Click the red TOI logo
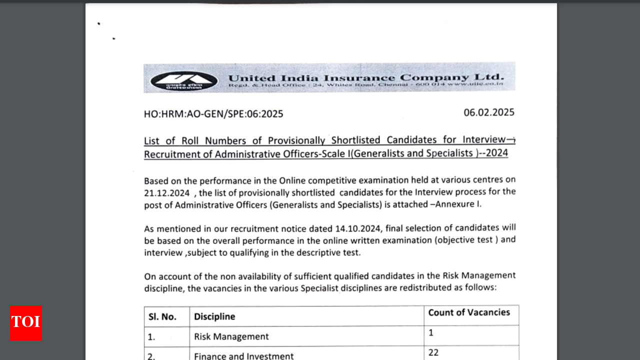point(25,323)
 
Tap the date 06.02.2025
point(488,112)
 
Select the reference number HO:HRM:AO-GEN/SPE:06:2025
point(213,114)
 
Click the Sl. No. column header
point(162,316)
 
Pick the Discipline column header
point(214,316)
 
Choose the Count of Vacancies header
point(469,312)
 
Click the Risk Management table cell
point(231,336)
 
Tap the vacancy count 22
point(433,352)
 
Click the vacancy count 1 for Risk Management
point(431,332)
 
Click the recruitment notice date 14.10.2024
point(357,228)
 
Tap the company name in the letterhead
point(366,77)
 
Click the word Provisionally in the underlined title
point(296,140)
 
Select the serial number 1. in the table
point(151,337)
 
